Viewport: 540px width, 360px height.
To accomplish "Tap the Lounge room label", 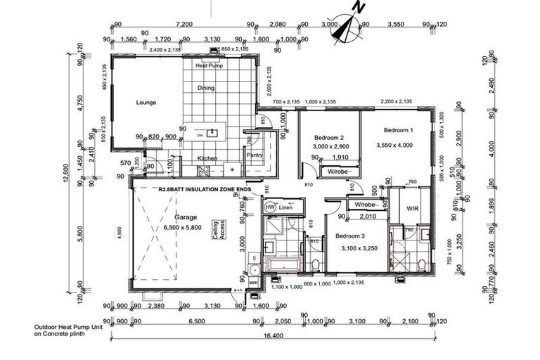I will (146, 103).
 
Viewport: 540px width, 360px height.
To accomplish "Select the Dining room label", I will (206, 89).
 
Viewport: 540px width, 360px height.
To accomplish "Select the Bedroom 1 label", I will (398, 131).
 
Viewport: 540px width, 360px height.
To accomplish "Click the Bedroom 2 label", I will (328, 137).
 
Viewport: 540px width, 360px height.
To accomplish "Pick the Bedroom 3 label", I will (349, 236).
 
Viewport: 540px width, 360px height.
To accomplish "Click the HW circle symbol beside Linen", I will (269, 208).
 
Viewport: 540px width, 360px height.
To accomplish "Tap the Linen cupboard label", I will (285, 208).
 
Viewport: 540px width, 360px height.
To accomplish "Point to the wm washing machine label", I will (253, 282).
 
